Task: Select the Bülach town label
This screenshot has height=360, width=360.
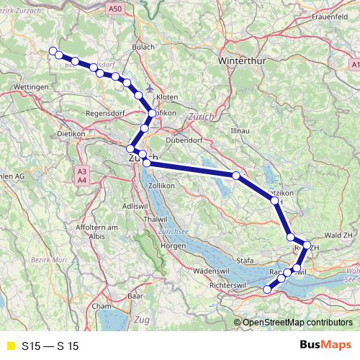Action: coord(143,48)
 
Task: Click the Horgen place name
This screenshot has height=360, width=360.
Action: coord(174,246)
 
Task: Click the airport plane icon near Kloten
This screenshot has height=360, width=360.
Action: coord(148,89)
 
